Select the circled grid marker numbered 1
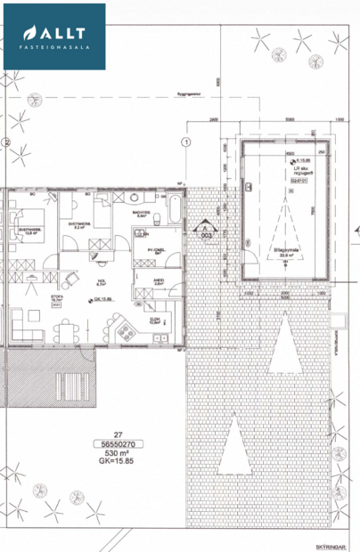tap(185, 141)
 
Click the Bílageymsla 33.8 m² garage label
tap(286, 253)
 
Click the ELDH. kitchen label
tap(153, 320)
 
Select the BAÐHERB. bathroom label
tap(140, 215)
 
